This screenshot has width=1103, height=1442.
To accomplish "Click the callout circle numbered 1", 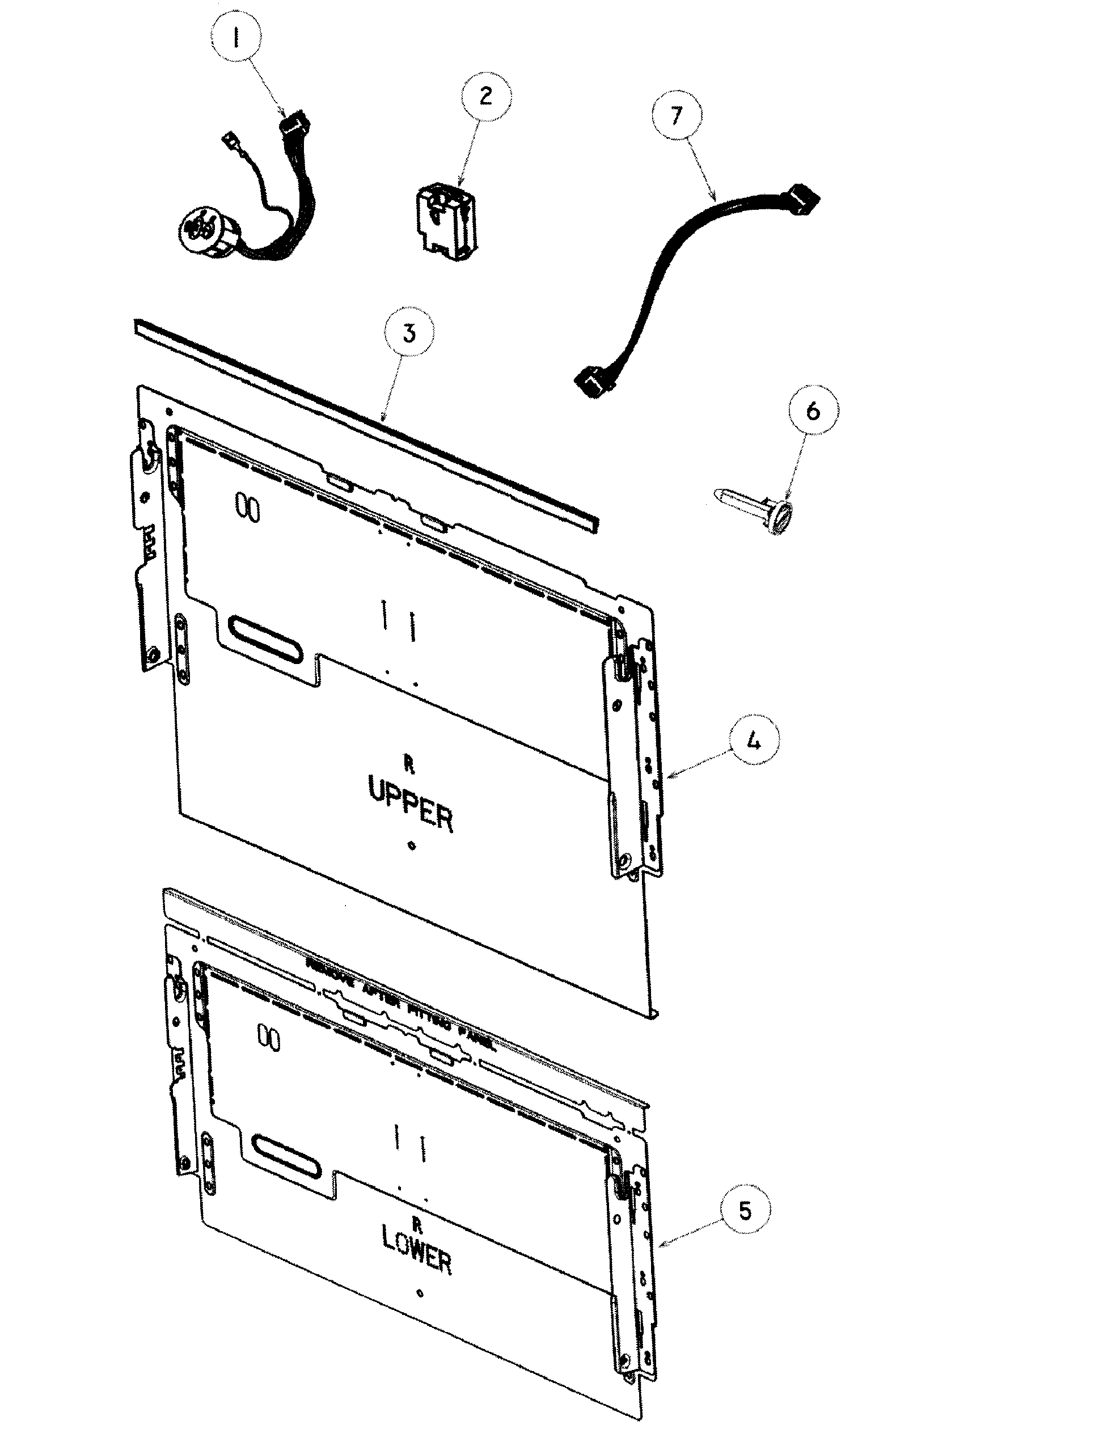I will point(236,38).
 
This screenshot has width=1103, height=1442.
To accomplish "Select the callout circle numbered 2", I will point(486,96).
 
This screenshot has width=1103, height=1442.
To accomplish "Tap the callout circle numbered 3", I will point(409,333).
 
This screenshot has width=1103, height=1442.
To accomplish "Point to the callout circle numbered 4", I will point(754,741).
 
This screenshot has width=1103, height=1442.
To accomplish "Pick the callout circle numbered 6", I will point(813,411).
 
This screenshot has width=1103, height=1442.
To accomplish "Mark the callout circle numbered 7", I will point(676,116).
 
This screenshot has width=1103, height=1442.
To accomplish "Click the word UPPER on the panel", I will point(411,803).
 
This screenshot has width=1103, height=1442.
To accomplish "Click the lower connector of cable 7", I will point(591,383).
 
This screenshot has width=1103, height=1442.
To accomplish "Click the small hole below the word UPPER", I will point(412,846).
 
